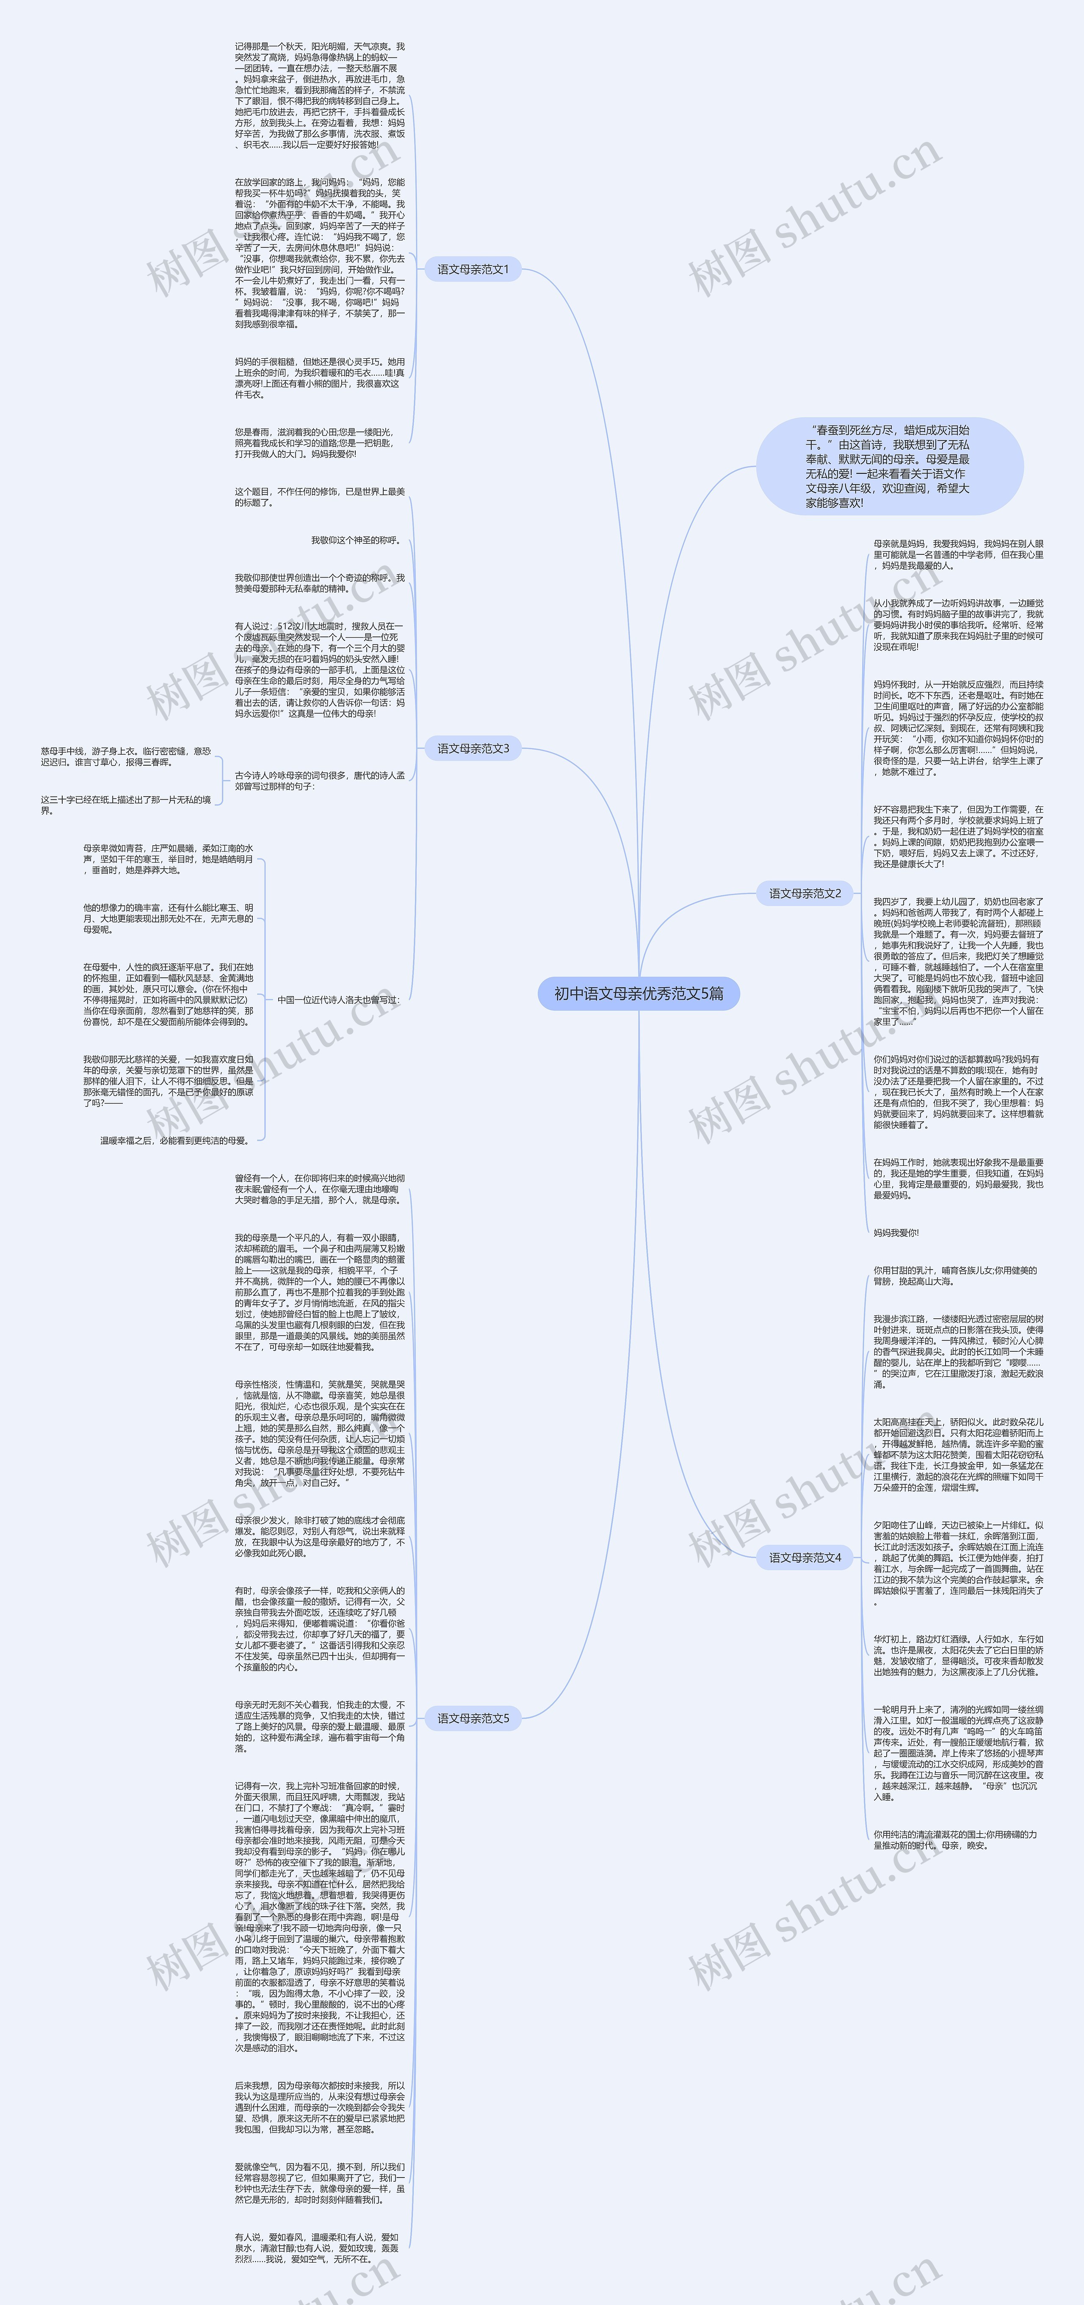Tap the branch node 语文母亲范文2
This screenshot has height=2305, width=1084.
click(x=805, y=893)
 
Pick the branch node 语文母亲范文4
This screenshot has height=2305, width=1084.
click(x=805, y=1557)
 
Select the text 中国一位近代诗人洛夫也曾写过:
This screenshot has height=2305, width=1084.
click(x=338, y=999)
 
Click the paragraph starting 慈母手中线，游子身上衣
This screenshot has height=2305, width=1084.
click(x=125, y=757)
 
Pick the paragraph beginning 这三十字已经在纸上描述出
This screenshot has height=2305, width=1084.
click(x=125, y=805)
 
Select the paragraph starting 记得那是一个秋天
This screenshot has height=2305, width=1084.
click(x=319, y=95)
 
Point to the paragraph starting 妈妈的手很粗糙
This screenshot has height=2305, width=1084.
click(x=319, y=378)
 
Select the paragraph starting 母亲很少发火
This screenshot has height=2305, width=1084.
click(x=319, y=1536)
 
